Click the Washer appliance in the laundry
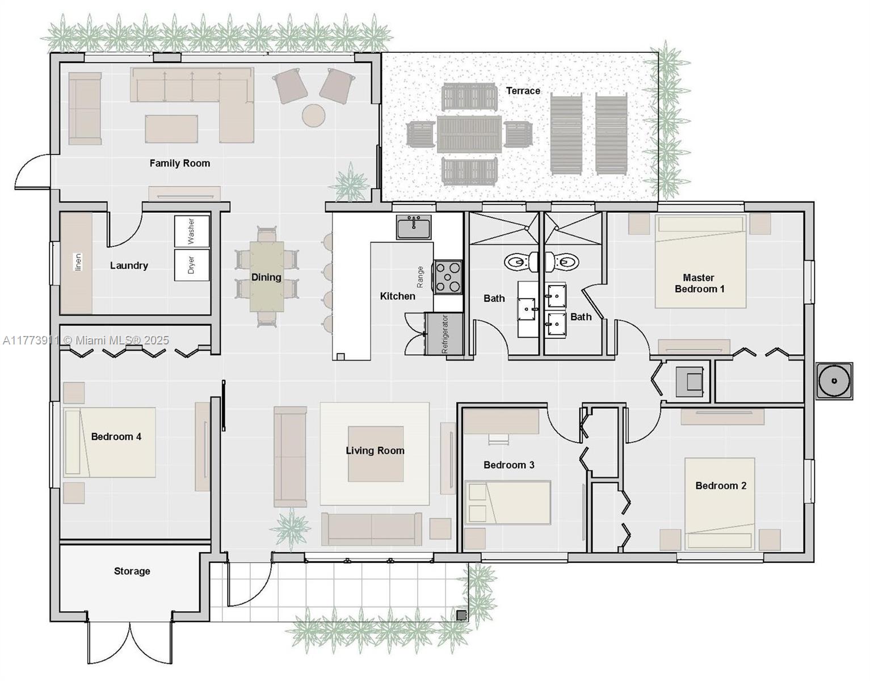192,231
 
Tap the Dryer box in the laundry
192,264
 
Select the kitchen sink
414,227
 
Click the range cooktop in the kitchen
448,277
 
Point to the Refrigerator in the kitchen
444,334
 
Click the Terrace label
523,91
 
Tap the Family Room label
180,163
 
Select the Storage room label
132,571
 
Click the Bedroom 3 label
509,465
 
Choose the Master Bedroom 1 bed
700,262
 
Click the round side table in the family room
313,115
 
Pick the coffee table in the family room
171,129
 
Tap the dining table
267,276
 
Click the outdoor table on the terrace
469,134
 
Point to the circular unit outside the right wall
834,381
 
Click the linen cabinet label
78,262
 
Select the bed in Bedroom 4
110,443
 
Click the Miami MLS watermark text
86,340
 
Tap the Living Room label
375,451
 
